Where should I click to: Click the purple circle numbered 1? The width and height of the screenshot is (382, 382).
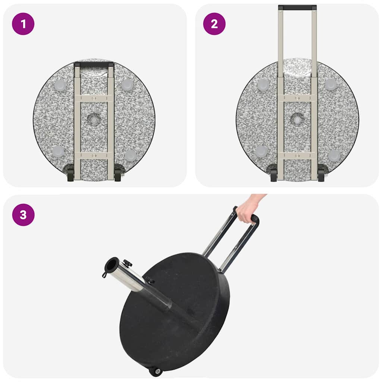tap(23, 24)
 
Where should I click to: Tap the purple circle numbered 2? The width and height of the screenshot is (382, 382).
tap(214, 24)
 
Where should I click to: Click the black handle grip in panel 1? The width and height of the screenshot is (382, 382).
tap(94, 65)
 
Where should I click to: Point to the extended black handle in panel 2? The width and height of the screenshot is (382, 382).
tap(297, 7)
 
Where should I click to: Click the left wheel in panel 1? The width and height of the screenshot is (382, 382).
tap(71, 175)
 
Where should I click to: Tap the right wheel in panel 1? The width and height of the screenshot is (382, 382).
tap(118, 175)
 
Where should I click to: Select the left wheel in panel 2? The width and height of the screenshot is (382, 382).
tap(273, 175)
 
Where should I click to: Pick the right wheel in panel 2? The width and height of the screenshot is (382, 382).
tap(321, 175)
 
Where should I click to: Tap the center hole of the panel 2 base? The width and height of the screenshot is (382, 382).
tap(297, 120)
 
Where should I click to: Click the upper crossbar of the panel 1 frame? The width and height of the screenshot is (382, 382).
tap(94, 98)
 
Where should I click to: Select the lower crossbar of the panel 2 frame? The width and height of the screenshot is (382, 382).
tap(297, 155)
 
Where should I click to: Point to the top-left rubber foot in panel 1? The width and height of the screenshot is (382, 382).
tap(60, 85)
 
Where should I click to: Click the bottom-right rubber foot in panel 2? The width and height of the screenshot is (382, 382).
tap(334, 155)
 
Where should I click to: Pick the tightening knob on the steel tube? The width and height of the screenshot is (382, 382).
tap(128, 264)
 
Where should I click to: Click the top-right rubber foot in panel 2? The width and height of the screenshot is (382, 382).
tap(331, 85)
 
